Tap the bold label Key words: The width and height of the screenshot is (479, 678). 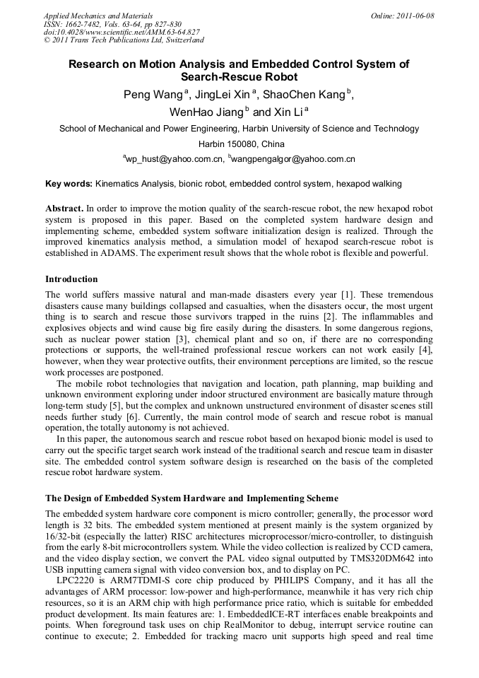pos(69,184)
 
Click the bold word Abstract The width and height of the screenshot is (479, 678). pos(64,209)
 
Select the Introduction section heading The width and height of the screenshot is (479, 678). pos(71,279)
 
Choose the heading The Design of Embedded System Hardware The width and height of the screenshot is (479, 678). pos(191,498)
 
